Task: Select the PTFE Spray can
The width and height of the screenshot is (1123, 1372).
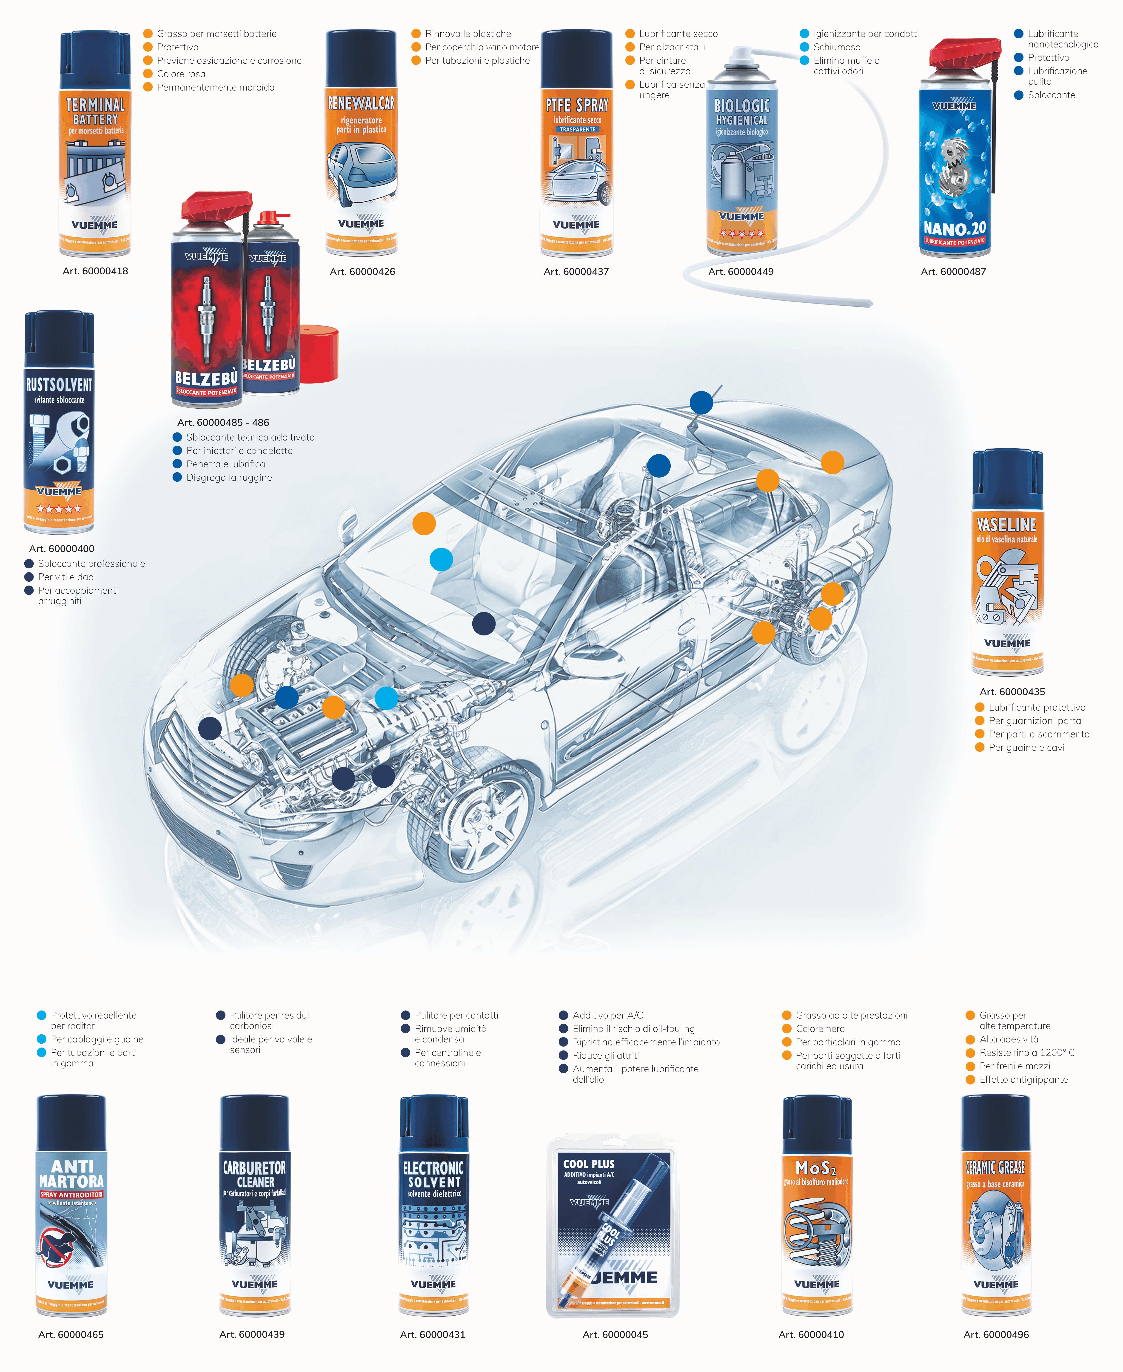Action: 576,145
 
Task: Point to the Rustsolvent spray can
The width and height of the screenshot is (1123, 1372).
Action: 59,424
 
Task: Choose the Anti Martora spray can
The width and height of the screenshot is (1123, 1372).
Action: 71,1206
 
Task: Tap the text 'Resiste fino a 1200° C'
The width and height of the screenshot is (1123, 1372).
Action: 1027,1053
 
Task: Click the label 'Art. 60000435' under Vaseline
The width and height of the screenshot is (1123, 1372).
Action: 1012,692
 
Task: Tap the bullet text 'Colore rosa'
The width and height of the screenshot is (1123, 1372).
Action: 181,74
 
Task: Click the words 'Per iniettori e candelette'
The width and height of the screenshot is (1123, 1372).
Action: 239,451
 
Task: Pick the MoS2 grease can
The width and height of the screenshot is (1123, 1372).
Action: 817,1206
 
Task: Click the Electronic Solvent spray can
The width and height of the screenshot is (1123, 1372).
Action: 433,1206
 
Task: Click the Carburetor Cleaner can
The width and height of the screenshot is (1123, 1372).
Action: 254,1206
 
